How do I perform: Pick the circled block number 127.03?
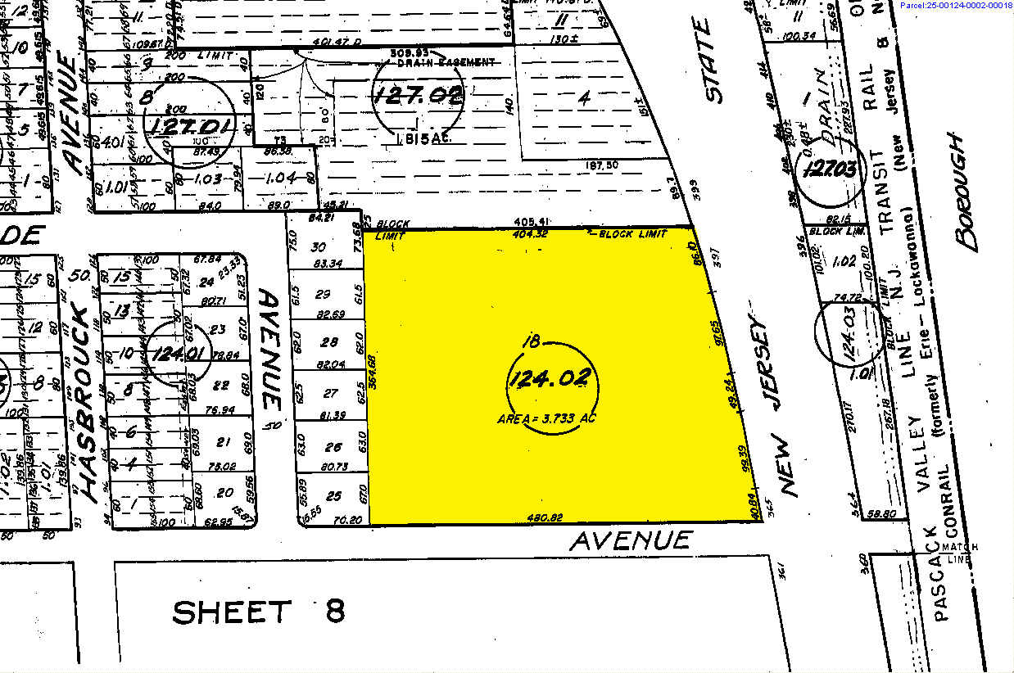(830, 169)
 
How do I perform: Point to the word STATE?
(712, 61)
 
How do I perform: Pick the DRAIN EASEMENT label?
(446, 62)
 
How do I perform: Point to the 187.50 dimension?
(601, 165)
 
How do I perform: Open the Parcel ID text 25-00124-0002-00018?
(955, 6)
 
